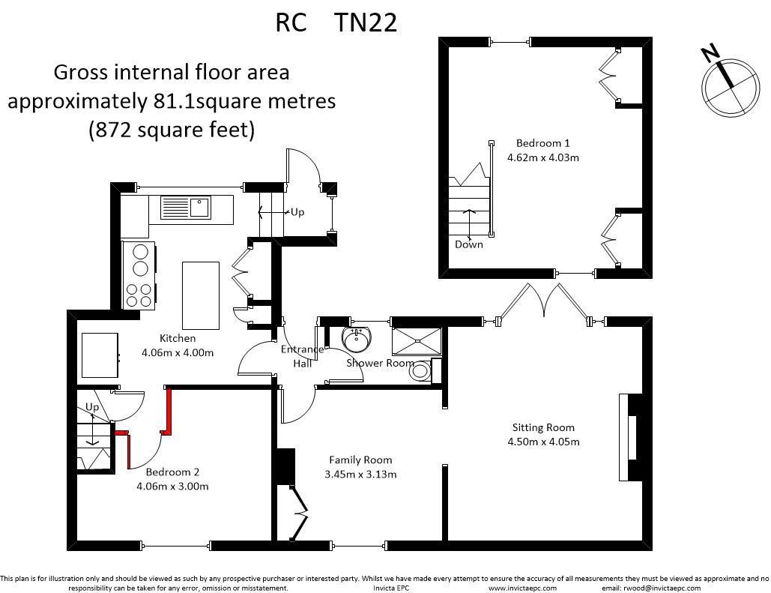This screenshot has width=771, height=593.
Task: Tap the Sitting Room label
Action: [x=543, y=427]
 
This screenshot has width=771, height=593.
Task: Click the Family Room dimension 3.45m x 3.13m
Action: [x=360, y=474]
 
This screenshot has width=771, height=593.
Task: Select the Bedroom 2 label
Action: [x=172, y=472]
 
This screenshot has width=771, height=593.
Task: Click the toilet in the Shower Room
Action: [x=421, y=370]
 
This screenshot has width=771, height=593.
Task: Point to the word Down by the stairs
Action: [x=469, y=244]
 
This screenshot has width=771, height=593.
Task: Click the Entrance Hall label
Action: [x=302, y=356]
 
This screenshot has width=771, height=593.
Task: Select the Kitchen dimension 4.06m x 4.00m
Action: [x=178, y=352]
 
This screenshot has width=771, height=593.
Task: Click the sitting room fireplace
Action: [x=629, y=436]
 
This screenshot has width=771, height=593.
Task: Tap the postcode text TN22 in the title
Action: [x=366, y=22]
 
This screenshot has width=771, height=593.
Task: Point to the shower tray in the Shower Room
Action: [x=417, y=339]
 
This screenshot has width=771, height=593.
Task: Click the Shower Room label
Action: [x=380, y=363]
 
